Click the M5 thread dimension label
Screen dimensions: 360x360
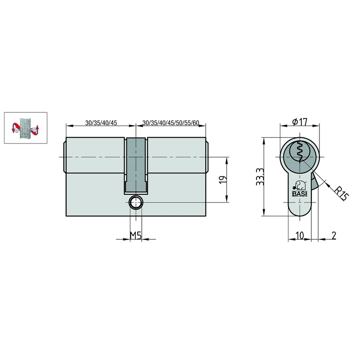tap(136, 235)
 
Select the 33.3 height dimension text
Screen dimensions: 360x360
tap(261, 176)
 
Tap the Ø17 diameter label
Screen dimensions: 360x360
tap(300, 121)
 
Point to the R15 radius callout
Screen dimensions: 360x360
tap(341, 194)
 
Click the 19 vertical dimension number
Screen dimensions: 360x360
tap(223, 180)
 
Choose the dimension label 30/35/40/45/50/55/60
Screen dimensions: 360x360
tap(171, 123)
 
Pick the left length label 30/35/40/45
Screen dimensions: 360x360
tap(101, 123)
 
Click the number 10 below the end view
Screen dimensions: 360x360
tap(300, 235)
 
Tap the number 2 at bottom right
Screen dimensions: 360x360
tap(334, 235)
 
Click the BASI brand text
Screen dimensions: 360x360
tap(300, 194)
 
